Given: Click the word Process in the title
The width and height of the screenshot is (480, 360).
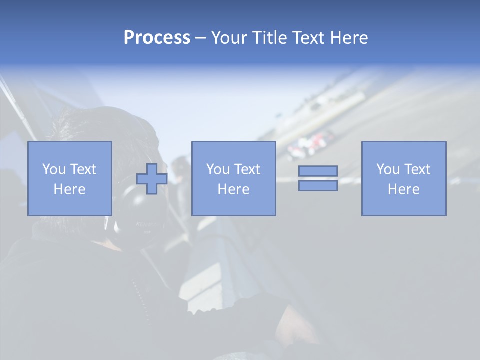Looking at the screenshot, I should tap(157, 38).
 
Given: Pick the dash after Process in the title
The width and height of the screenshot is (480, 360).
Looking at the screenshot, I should tap(201, 38).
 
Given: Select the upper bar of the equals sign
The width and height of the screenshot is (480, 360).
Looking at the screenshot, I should tap(318, 171).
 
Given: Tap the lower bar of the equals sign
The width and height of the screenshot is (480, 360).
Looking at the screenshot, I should tap(318, 185).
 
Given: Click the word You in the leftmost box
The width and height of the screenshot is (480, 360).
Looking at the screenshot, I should tap(53, 169).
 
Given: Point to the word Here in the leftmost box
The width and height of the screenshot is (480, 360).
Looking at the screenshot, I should tap(69, 189).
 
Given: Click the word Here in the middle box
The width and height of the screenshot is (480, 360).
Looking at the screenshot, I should tap(233, 189).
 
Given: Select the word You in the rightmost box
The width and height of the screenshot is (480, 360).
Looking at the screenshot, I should tap(387, 169).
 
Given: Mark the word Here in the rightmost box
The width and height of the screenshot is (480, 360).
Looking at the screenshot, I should tap(403, 189).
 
